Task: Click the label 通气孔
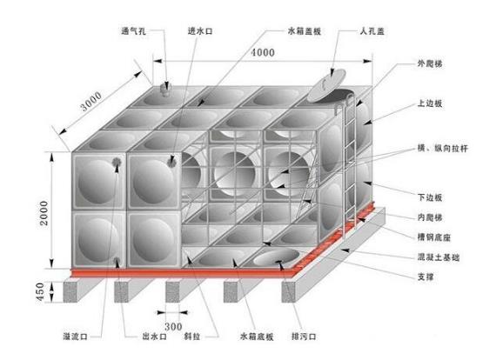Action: pyautogui.click(x=133, y=31)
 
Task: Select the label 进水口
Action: pyautogui.click(x=200, y=31)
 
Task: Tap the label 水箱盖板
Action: pyautogui.click(x=305, y=31)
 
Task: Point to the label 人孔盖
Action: pyautogui.click(x=372, y=31)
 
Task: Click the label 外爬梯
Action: pyautogui.click(x=430, y=63)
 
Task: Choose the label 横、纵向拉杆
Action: pyautogui.click(x=442, y=148)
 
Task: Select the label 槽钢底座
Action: pyautogui.click(x=433, y=237)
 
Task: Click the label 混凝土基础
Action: pyautogui.click(x=438, y=257)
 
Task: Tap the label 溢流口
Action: pyautogui.click(x=76, y=337)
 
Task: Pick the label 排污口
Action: pyautogui.click(x=304, y=337)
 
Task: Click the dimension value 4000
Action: pyautogui.click(x=263, y=52)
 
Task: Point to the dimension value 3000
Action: pyautogui.click(x=91, y=101)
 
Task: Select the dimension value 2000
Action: pyautogui.click(x=44, y=213)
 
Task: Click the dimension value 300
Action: pyautogui.click(x=173, y=326)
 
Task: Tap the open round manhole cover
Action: pyautogui.click(x=326, y=85)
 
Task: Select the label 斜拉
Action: pyautogui.click(x=192, y=337)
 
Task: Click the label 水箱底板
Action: pyautogui.click(x=257, y=337)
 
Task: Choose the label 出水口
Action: pyautogui.click(x=154, y=337)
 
